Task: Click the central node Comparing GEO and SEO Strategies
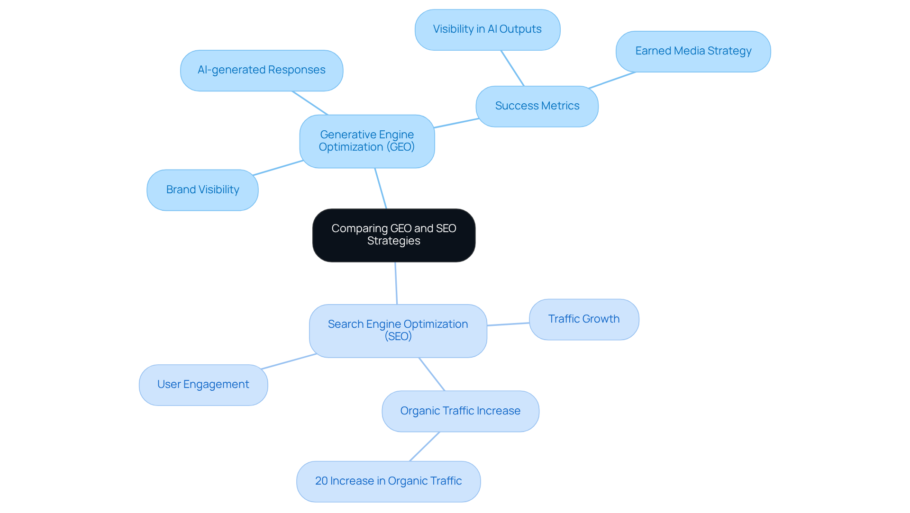(393, 235)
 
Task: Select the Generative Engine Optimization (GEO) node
(367, 141)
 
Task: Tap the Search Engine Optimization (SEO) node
(398, 331)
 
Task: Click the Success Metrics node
(537, 106)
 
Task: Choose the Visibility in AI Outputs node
(487, 29)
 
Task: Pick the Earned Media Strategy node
(693, 51)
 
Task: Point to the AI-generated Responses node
(261, 70)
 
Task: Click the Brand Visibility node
(202, 190)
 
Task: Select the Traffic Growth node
(583, 319)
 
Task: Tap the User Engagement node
(203, 385)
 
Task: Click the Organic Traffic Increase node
(460, 411)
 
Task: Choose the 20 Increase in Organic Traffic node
(388, 481)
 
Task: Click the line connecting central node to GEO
(381, 189)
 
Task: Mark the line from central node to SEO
(396, 283)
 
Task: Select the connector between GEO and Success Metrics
(456, 123)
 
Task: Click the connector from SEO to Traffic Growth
(508, 324)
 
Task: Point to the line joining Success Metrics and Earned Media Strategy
(612, 80)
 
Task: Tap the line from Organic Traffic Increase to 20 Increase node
(425, 446)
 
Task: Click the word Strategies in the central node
(393, 241)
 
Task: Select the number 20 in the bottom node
(321, 481)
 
